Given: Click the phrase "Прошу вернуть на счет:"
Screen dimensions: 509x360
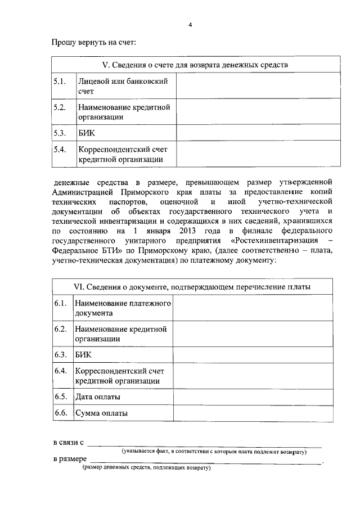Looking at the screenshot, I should point(94,42).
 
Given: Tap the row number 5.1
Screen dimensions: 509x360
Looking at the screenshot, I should point(60,82).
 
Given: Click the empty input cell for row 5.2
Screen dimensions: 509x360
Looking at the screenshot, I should point(257,112).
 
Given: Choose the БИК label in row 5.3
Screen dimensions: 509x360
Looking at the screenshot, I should point(87,134).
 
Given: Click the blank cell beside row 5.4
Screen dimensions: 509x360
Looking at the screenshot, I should point(257,155).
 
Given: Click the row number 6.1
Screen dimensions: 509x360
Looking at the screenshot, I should point(61,304).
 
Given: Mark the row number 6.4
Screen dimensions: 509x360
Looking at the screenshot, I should point(61,372).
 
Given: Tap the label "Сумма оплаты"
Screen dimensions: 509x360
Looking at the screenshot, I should point(101,413).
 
